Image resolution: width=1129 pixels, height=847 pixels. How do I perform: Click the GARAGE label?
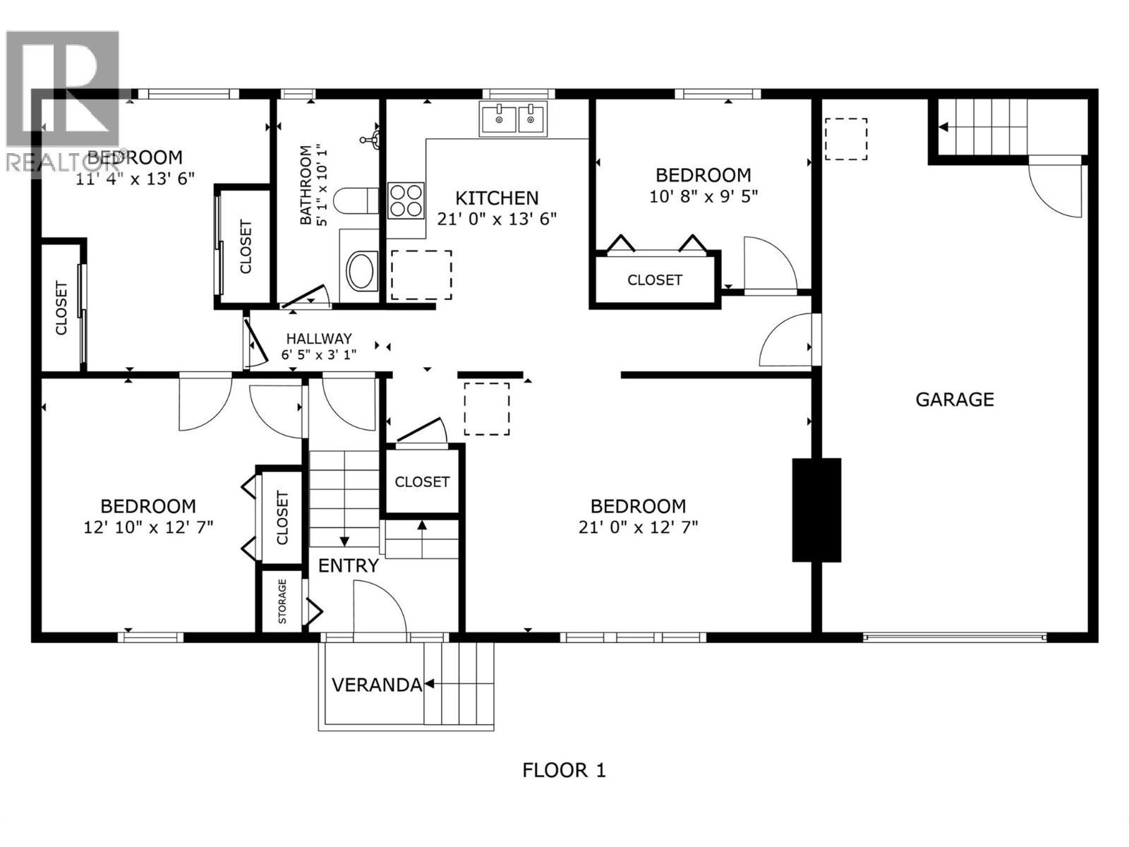click(x=954, y=400)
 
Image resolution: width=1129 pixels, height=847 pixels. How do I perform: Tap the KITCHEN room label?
click(x=497, y=198)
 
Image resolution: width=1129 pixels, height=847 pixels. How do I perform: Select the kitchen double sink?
click(x=513, y=118)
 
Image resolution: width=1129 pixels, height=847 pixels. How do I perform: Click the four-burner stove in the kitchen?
click(x=406, y=200)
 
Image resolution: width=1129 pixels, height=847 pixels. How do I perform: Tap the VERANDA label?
click(x=376, y=685)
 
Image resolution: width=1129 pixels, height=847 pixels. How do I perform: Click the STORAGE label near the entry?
click(x=282, y=601)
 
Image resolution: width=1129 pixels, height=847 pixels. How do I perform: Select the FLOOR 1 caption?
click(x=564, y=770)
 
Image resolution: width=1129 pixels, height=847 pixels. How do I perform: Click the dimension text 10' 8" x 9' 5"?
click(x=703, y=196)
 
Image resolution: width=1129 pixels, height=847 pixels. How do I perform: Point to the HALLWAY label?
click(x=318, y=339)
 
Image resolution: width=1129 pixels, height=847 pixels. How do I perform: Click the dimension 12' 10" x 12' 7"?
click(x=148, y=527)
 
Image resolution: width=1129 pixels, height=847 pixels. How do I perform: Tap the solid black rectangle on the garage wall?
click(x=816, y=510)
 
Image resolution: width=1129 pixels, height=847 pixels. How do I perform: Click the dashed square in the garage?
click(x=845, y=139)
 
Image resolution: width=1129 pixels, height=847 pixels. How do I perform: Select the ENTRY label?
click(x=349, y=565)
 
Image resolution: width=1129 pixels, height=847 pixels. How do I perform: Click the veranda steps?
click(x=459, y=683)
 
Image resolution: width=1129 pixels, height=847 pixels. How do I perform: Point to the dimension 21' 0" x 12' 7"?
click(x=638, y=527)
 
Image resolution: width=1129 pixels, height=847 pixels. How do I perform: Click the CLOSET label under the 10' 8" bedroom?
click(x=655, y=280)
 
